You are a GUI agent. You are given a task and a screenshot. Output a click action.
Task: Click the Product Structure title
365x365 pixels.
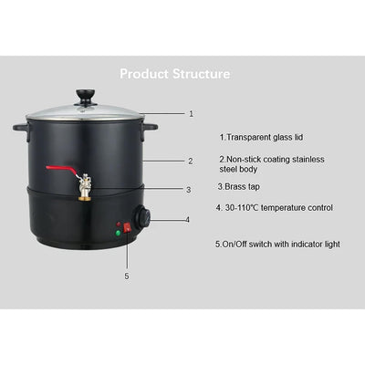(x=174, y=73)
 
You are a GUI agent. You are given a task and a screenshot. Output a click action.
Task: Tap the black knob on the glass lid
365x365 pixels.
(x=88, y=95)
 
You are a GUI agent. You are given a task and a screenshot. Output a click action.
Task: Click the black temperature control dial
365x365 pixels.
(x=144, y=219)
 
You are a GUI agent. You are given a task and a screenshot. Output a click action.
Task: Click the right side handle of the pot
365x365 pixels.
(x=152, y=127)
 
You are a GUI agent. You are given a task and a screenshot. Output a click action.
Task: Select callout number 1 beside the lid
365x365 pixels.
(x=191, y=114)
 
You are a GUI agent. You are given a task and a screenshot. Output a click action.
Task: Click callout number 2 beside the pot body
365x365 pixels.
(x=190, y=161)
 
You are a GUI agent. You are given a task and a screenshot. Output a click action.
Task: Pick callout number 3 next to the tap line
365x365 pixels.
(x=188, y=190)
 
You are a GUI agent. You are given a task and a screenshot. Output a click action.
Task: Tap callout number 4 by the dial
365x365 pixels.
(x=188, y=220)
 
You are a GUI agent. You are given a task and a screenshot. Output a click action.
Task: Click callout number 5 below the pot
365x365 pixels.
(x=128, y=274)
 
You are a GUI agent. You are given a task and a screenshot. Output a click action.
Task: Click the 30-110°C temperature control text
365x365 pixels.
(x=274, y=207)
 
